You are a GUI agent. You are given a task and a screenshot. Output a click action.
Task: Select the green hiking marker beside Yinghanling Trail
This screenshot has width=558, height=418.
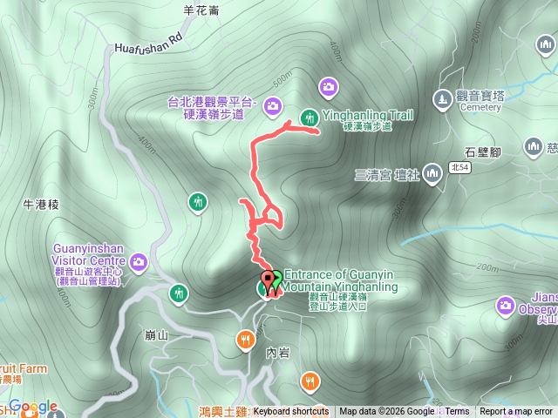pos(309,118)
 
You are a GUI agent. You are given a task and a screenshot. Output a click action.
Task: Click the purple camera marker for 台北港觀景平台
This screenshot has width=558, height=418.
pos(273,107)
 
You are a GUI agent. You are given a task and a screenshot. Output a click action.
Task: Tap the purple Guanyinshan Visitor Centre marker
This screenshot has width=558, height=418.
pos(139,260)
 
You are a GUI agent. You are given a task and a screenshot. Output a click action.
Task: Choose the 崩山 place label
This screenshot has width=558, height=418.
pos(158,334)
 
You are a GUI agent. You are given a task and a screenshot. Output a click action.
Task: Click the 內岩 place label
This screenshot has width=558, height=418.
pos(276,353)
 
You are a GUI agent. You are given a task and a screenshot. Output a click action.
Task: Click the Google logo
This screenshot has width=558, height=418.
pos(33,407)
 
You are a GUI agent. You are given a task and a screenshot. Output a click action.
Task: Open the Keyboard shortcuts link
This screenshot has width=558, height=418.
pos(290,412)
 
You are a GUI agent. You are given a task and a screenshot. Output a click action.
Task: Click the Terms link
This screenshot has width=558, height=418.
pos(457,412)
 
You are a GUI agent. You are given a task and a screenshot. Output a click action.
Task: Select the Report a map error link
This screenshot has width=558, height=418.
pos(516,412)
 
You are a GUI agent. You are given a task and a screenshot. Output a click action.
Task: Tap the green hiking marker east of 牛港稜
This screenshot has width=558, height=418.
pos(199,203)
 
